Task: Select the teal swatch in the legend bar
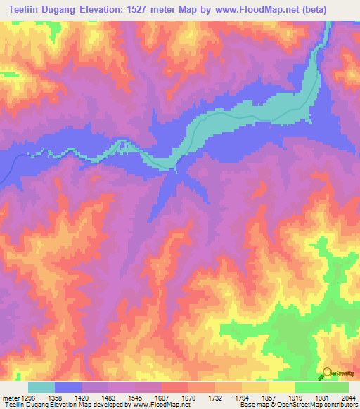pyautogui.click(x=41, y=387)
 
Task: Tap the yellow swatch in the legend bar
pyautogui.click(x=281, y=387)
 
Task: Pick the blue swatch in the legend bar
pyautogui.click(x=68, y=387)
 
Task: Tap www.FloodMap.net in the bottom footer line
pyautogui.click(x=162, y=405)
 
